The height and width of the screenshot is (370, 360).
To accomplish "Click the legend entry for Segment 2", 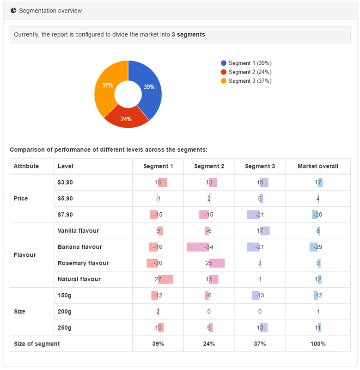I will [x=250, y=72].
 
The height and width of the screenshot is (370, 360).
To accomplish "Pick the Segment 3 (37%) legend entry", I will [x=250, y=81].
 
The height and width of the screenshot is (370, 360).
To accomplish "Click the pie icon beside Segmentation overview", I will [x=13, y=11].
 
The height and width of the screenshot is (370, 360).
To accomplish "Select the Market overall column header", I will [x=317, y=166].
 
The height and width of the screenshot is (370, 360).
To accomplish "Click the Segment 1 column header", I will [x=158, y=166].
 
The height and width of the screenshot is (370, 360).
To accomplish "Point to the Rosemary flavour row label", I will [x=83, y=263].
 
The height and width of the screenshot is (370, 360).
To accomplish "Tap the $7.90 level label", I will [x=65, y=215].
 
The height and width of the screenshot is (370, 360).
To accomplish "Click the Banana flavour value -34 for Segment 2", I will [x=209, y=247].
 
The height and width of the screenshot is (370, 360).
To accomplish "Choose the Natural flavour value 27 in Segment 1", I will [x=158, y=279].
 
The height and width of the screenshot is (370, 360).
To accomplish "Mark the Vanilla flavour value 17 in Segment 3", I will [x=260, y=231].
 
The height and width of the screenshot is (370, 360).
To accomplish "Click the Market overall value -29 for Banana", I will [x=317, y=247].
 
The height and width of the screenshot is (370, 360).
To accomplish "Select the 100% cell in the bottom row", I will [x=317, y=344].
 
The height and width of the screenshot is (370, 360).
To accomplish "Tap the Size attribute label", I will [x=20, y=312].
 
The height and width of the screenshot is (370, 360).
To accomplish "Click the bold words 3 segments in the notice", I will [x=188, y=35].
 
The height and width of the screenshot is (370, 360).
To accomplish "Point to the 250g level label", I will [x=65, y=328].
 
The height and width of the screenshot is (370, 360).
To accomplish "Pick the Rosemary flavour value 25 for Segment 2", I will [x=209, y=263].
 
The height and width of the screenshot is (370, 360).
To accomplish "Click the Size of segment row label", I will [x=37, y=344].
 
